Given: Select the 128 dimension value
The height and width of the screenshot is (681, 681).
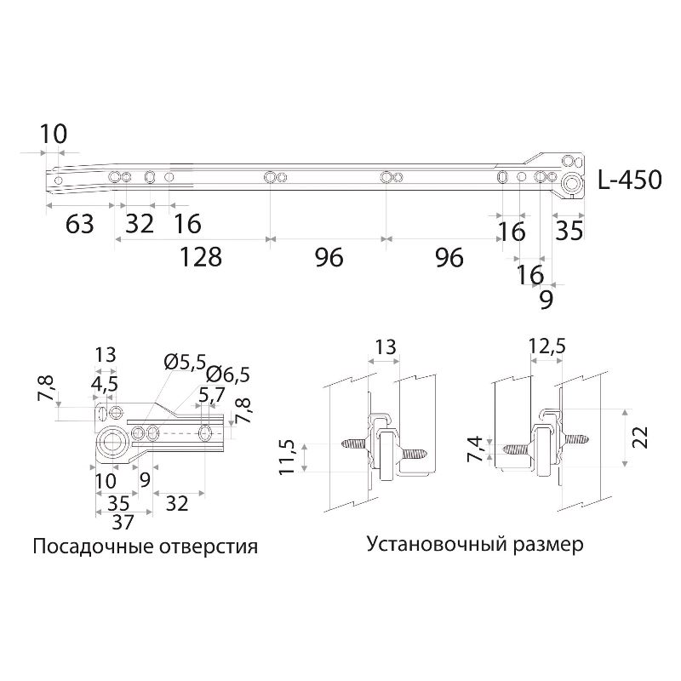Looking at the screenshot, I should point(200,257).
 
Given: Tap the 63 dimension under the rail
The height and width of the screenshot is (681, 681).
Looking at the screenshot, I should point(79,225).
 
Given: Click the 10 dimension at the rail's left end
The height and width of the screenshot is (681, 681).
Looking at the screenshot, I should point(53,134).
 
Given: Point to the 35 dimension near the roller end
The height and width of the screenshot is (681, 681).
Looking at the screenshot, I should point(570,231).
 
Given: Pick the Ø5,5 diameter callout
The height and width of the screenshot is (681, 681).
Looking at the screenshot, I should point(185,361).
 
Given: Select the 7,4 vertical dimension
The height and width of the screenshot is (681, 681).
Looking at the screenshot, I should point(476,448).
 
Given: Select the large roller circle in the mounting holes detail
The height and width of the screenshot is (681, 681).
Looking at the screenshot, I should point(110,440).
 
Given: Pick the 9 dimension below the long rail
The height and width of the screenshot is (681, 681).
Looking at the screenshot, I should point(546,300).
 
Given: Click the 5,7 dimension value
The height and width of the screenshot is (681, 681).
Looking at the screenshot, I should point(211,396).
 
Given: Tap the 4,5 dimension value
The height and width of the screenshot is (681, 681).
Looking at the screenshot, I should point(105,384).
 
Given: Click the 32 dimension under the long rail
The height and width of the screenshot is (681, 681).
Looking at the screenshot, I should point(140,225).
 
